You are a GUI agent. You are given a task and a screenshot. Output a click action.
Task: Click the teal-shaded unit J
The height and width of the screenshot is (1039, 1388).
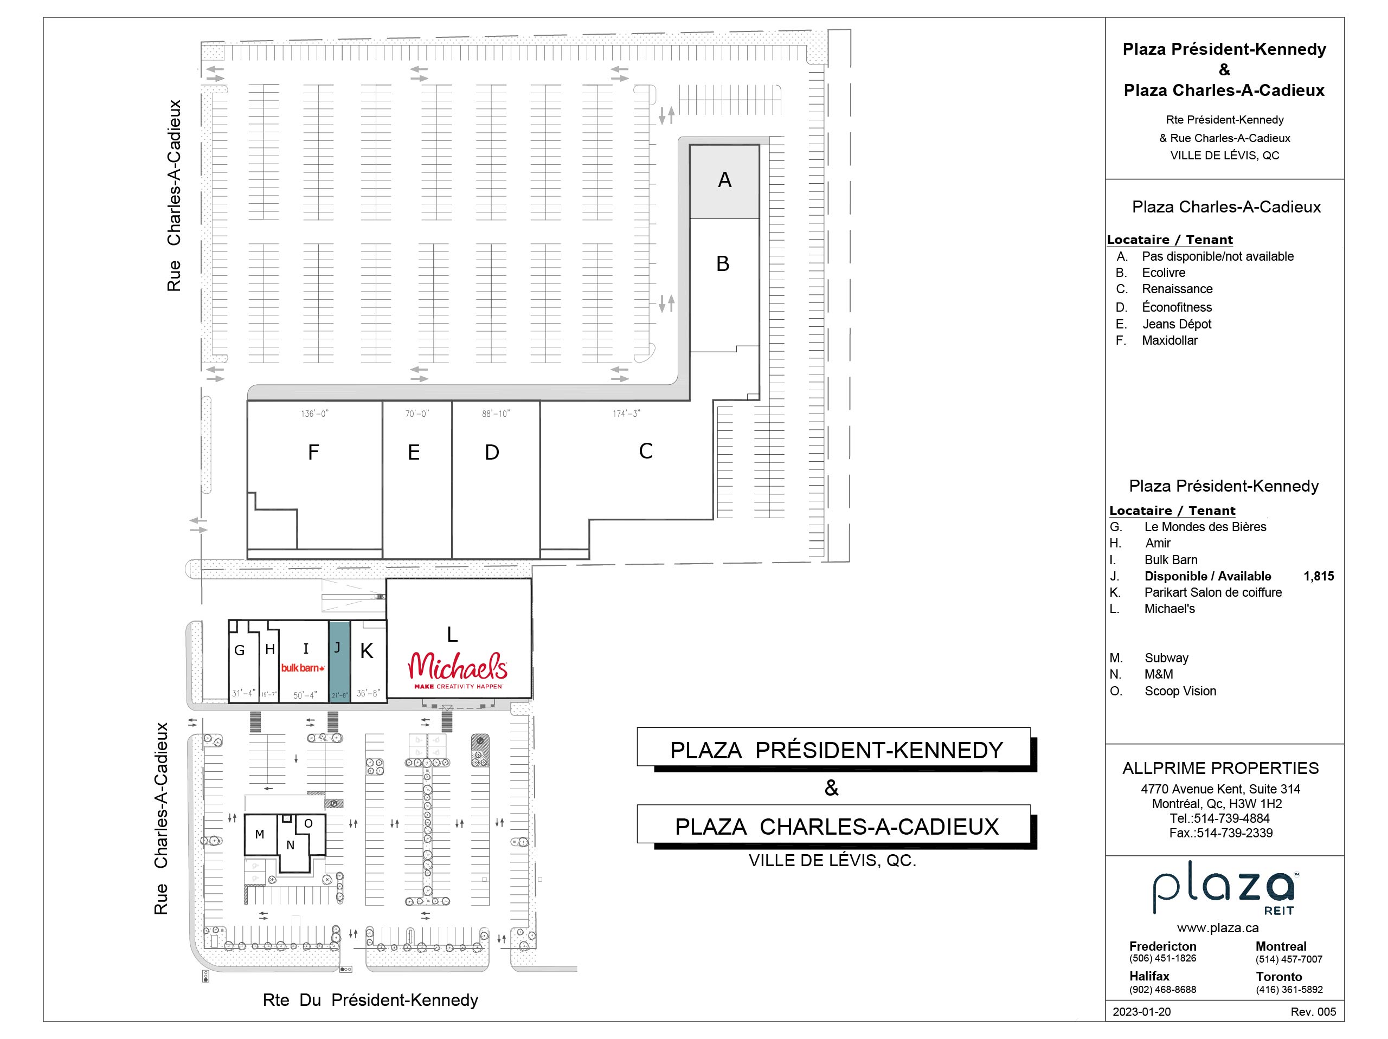339,662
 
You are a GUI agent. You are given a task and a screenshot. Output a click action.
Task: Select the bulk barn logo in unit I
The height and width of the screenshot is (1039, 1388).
303,668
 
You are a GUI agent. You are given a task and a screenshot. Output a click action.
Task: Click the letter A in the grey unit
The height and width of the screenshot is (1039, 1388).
725,180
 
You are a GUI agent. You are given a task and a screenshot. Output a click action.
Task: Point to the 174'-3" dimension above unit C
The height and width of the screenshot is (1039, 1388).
626,414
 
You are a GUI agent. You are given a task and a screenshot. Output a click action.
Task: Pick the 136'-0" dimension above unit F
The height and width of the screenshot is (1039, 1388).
314,414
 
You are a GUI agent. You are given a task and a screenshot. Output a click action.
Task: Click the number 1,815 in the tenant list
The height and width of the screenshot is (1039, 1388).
1319,576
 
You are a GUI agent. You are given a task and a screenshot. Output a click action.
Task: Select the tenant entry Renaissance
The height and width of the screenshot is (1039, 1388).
1177,289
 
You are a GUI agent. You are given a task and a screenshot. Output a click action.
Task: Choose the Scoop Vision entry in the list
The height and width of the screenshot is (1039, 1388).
1180,692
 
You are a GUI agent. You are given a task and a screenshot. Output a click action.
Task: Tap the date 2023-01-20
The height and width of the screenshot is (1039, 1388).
1141,1011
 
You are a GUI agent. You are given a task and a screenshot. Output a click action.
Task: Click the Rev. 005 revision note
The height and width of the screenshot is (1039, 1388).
1313,1011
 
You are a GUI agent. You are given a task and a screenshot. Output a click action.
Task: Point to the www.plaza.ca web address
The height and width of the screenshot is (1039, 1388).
1218,928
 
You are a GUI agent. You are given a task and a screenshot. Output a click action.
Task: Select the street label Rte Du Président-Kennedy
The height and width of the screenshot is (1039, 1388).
370,1000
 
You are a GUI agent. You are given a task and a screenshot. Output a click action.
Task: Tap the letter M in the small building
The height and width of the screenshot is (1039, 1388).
259,835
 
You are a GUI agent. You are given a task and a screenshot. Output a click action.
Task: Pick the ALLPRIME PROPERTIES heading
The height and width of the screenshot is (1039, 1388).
1220,768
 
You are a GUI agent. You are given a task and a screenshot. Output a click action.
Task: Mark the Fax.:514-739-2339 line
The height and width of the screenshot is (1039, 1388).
1220,833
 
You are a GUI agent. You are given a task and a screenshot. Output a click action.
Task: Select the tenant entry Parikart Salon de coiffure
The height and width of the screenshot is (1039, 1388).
1212,592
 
